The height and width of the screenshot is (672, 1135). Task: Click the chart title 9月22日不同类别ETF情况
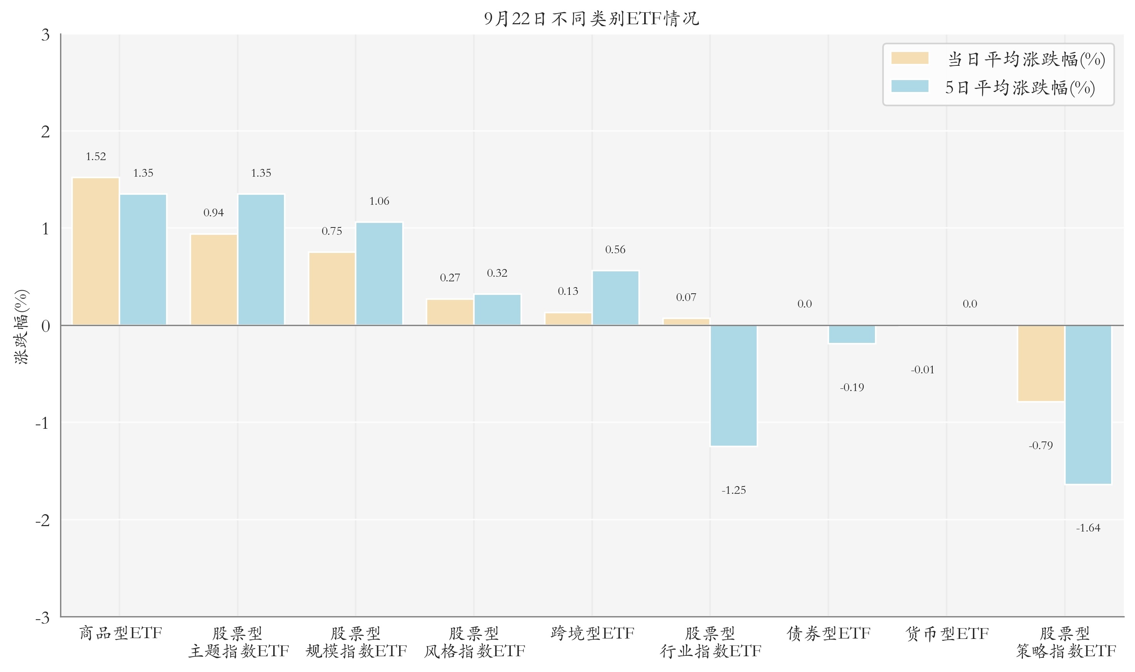(x=591, y=18)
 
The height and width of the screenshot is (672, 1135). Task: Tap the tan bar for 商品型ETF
(x=96, y=251)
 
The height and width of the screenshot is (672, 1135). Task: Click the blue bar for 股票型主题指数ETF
(x=261, y=259)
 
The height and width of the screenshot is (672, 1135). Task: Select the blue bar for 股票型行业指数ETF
(x=734, y=385)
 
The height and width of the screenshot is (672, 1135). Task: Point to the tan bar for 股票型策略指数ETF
(x=1041, y=363)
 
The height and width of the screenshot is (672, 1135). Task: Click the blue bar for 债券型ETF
(x=852, y=334)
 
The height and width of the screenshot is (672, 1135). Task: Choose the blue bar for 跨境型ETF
(x=615, y=298)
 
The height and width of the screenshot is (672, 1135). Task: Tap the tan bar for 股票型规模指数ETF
(x=332, y=288)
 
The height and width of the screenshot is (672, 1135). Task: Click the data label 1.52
(x=96, y=157)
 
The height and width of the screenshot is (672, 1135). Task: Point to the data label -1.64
(x=1088, y=528)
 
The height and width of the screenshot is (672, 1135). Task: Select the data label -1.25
(x=734, y=490)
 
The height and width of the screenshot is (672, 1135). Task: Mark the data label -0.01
(x=922, y=370)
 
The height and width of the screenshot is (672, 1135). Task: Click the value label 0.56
(x=615, y=249)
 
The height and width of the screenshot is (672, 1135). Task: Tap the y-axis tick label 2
(x=45, y=132)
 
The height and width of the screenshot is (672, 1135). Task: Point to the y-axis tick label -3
(x=43, y=618)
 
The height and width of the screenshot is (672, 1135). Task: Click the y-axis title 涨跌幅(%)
(x=21, y=326)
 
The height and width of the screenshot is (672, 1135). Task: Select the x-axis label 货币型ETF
(x=947, y=634)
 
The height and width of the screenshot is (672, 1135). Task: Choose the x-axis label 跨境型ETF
(x=592, y=634)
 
